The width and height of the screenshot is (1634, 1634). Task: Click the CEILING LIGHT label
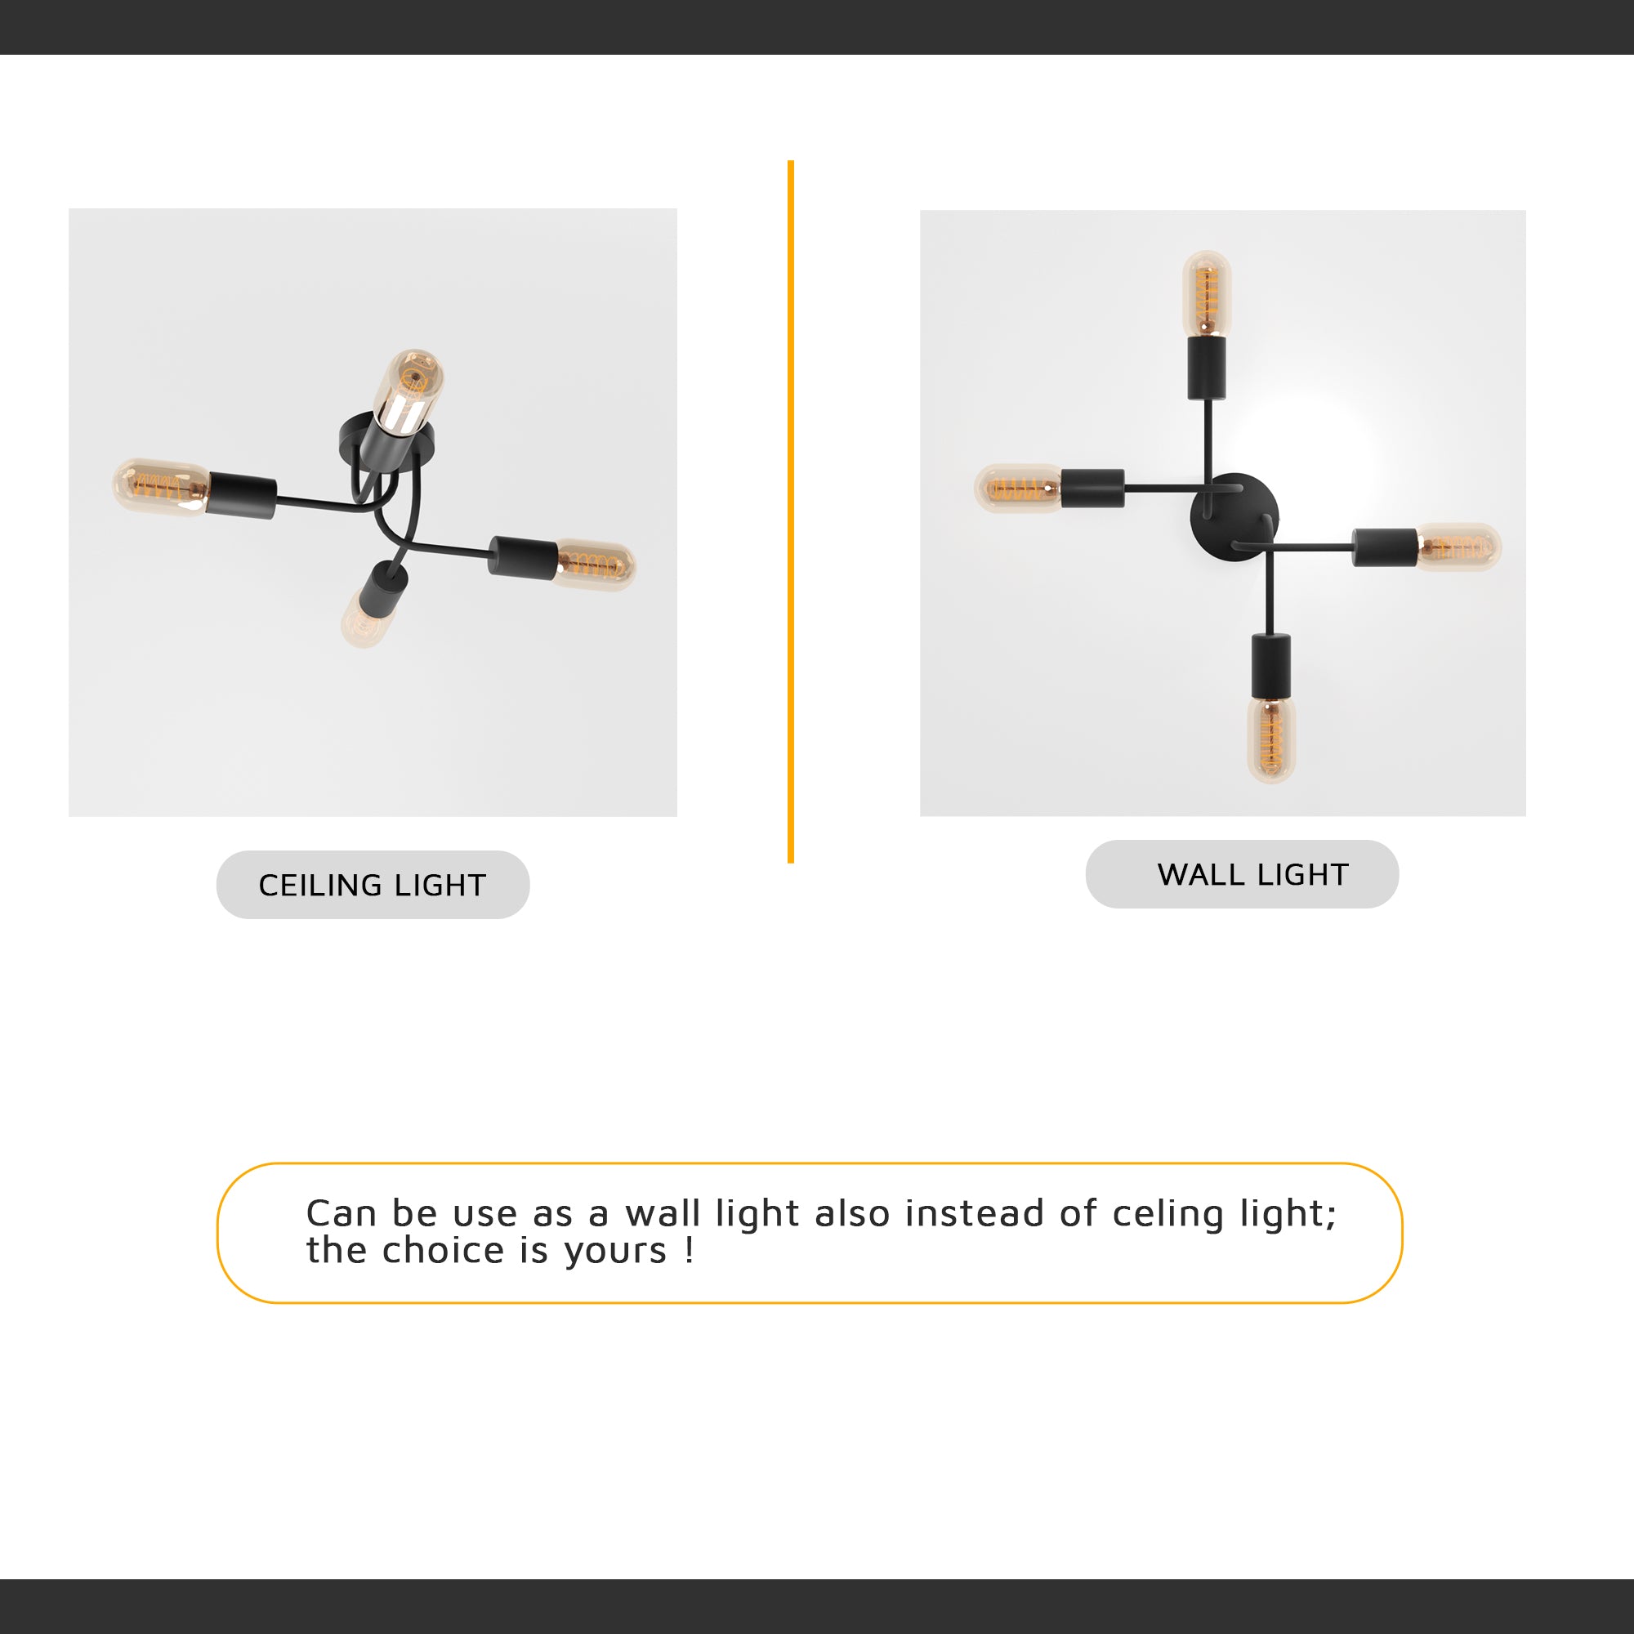(372, 885)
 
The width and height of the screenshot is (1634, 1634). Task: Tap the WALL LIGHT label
(1252, 873)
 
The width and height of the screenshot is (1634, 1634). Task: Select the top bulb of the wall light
(1207, 292)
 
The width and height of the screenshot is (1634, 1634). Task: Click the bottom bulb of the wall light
(1271, 738)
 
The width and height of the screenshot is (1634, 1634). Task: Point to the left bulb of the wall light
(1018, 488)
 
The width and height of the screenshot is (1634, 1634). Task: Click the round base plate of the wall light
(1234, 516)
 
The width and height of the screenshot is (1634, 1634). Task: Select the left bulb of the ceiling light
(161, 486)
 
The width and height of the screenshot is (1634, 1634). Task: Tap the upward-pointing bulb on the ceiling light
(410, 389)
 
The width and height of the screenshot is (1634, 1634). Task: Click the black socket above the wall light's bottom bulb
(1271, 664)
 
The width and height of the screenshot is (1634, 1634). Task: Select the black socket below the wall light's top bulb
(1207, 367)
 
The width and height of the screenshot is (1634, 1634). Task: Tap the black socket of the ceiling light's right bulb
(523, 557)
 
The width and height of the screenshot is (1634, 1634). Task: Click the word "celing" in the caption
(1168, 1215)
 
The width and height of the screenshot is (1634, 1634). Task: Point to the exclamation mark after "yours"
(690, 1250)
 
